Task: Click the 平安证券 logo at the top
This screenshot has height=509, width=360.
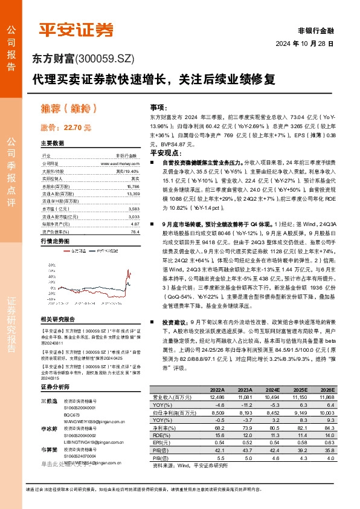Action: [76, 28]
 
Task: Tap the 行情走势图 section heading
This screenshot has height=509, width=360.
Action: [54, 241]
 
